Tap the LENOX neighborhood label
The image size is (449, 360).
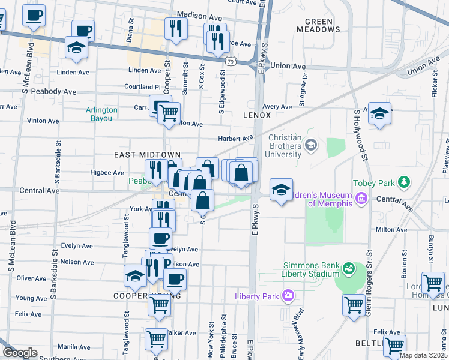pos(257,115)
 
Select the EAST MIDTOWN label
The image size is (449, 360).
pos(139,155)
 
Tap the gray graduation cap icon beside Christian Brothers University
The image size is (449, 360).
pos(311,144)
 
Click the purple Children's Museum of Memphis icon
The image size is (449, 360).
pos(361,198)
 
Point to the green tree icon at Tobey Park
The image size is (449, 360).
pos(405,182)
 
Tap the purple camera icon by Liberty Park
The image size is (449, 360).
pos(288,295)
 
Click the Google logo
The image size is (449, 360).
pos(20,353)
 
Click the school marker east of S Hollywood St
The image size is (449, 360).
pos(379,113)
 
